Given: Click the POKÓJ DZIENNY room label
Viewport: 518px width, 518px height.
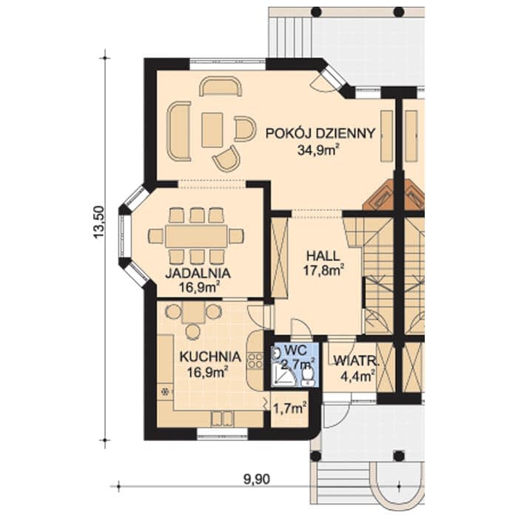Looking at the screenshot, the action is coord(320,133).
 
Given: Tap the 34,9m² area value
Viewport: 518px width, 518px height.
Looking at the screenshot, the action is coord(318,150).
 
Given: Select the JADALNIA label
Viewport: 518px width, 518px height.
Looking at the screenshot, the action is coord(198,273).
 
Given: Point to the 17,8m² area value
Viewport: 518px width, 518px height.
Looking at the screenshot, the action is coord(323,271).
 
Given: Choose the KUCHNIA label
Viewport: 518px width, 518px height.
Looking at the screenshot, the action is coord(210,357).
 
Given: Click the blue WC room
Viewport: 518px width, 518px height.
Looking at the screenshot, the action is coord(295,365).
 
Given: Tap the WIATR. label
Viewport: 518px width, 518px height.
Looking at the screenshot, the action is coord(355,360).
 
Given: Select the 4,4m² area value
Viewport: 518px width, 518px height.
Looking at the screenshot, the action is coord(357,376).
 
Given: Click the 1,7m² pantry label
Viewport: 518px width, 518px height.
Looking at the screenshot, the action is coord(289,409).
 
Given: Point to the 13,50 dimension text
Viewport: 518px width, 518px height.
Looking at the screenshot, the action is coord(98,222).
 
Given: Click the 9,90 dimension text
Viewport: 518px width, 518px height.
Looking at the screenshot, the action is coord(257,479).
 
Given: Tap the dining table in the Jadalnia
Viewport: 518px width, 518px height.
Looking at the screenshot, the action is coord(197,236).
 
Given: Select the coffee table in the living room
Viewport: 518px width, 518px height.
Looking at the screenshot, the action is coord(212,129).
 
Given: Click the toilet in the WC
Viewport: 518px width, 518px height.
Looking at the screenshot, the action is coord(308,377).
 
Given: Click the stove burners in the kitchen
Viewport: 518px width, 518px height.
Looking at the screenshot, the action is coord(255,361).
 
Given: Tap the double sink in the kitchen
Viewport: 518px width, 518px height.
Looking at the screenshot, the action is coord(222,419).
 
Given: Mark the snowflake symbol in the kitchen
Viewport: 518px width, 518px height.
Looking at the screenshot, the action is coord(164,391).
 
